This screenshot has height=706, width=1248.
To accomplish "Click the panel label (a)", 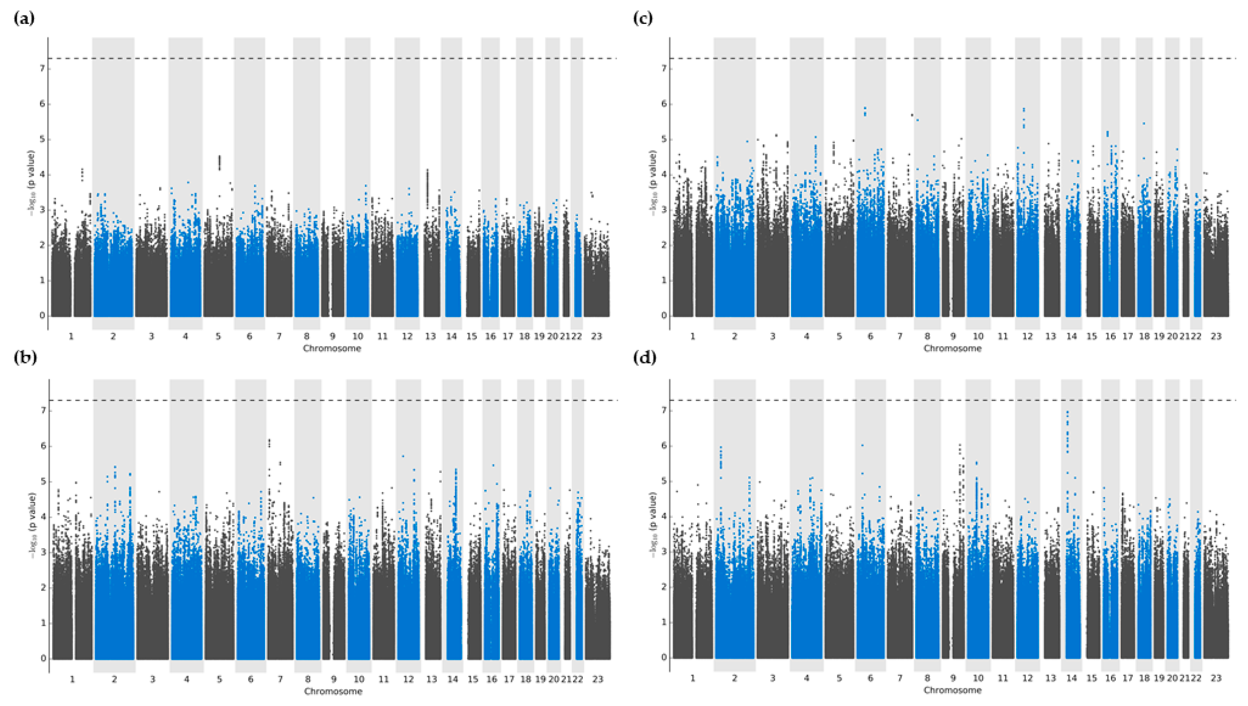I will pos(24,19).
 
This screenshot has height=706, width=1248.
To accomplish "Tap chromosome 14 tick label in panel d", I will pos(1071,678).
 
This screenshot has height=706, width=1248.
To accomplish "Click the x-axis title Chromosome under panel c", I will pos(952,348).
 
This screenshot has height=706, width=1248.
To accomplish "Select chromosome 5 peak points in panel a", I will pos(219,162).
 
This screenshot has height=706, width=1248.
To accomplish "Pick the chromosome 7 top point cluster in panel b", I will pos(269,443).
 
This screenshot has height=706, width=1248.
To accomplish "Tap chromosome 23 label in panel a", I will pos(597,336).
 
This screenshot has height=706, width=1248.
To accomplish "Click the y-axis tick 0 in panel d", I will pos(664,658).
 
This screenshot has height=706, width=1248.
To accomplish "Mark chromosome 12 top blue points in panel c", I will pos(1023,111).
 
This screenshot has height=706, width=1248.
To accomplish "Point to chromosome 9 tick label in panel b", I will pos(334,679).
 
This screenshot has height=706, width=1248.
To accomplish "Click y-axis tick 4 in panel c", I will pos(664,174).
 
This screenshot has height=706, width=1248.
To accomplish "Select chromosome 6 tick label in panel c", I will pos(870,336).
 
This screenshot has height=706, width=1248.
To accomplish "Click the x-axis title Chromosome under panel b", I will pos(333,691).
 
